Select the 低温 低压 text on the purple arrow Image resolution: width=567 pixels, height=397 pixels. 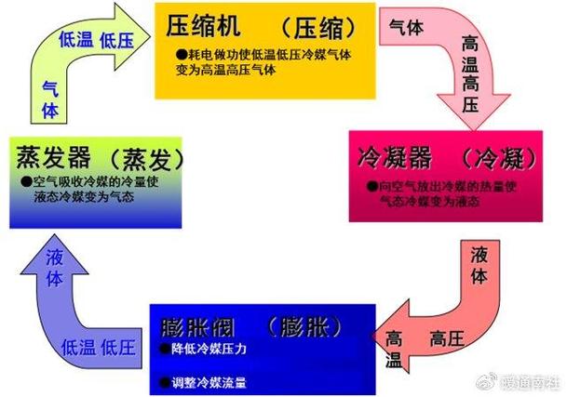pos(97,347)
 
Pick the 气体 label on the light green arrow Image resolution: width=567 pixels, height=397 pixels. pos(51,99)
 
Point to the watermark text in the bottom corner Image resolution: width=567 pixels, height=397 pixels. pos(524,381)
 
